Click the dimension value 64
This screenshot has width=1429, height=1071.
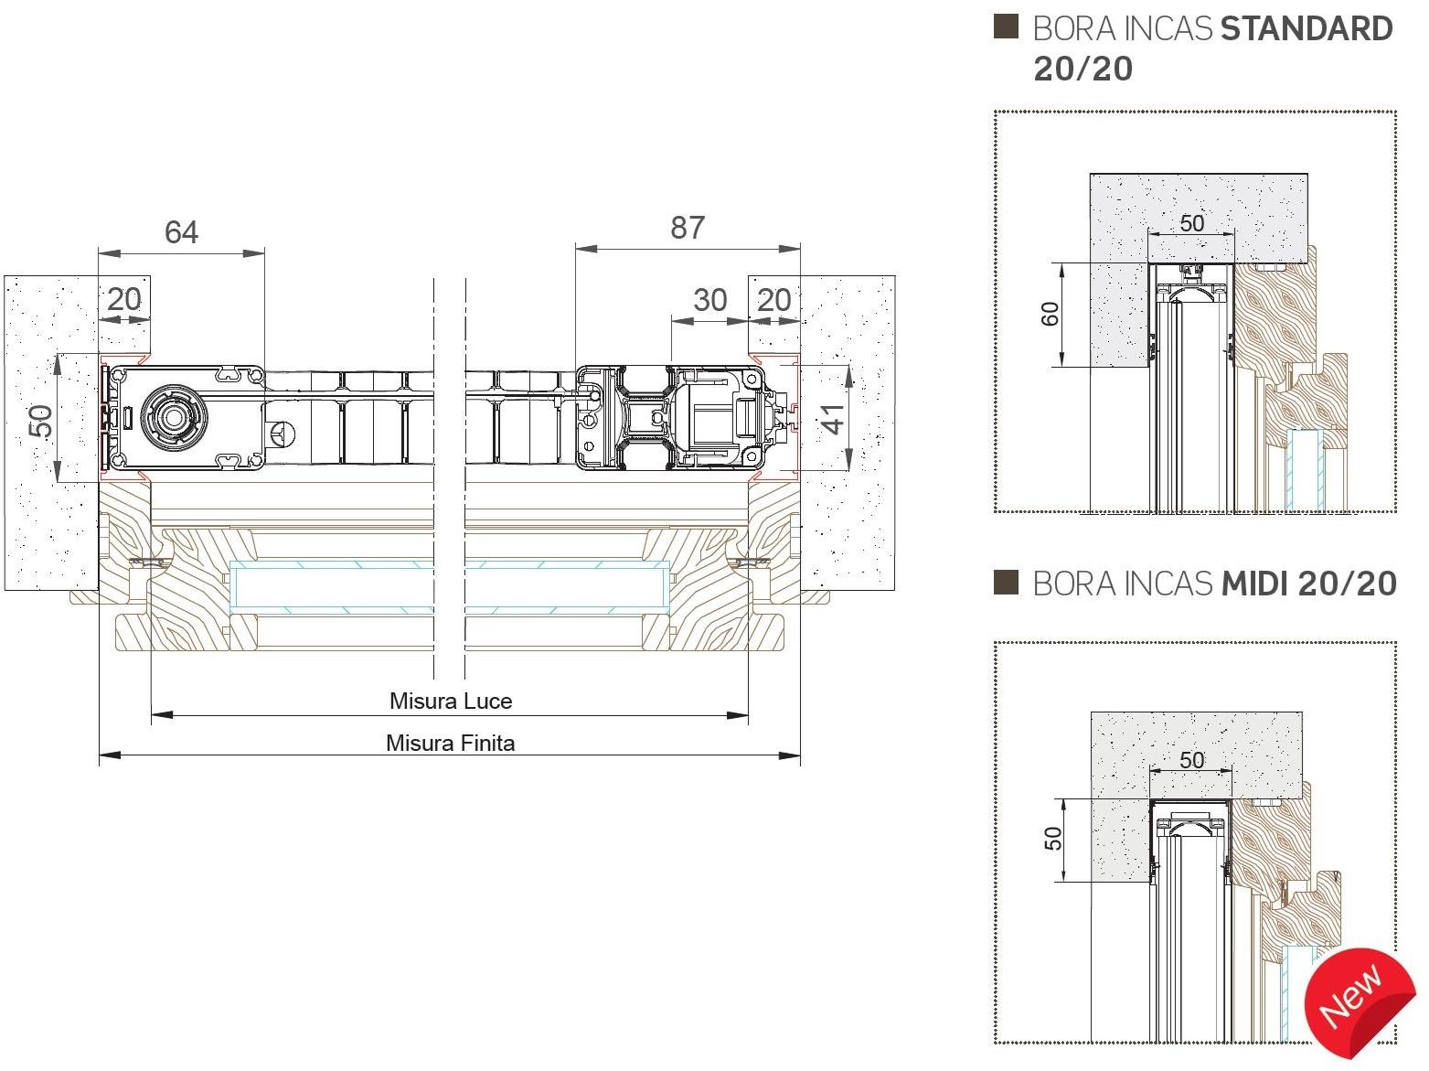[181, 232]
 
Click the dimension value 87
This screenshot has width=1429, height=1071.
[688, 228]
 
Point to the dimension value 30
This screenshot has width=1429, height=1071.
[709, 300]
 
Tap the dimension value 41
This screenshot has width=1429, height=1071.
[834, 416]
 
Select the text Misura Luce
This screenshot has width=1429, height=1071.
[451, 702]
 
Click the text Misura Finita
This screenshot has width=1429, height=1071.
[450, 743]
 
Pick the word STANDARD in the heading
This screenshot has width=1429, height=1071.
[1306, 29]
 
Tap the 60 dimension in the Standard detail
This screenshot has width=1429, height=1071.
[1050, 314]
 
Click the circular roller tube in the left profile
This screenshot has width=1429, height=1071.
[170, 416]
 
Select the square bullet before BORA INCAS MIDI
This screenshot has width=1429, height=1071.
[1006, 582]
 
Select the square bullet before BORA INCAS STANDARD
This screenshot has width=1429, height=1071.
[1006, 27]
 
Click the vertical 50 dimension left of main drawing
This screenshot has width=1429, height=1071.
[40, 422]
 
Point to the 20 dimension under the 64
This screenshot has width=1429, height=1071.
[125, 299]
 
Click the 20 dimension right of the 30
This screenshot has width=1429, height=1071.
[773, 300]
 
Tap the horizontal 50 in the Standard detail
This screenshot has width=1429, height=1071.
[1191, 223]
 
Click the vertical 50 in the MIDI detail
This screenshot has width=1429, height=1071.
[1053, 839]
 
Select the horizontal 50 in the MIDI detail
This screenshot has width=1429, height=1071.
[1191, 760]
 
